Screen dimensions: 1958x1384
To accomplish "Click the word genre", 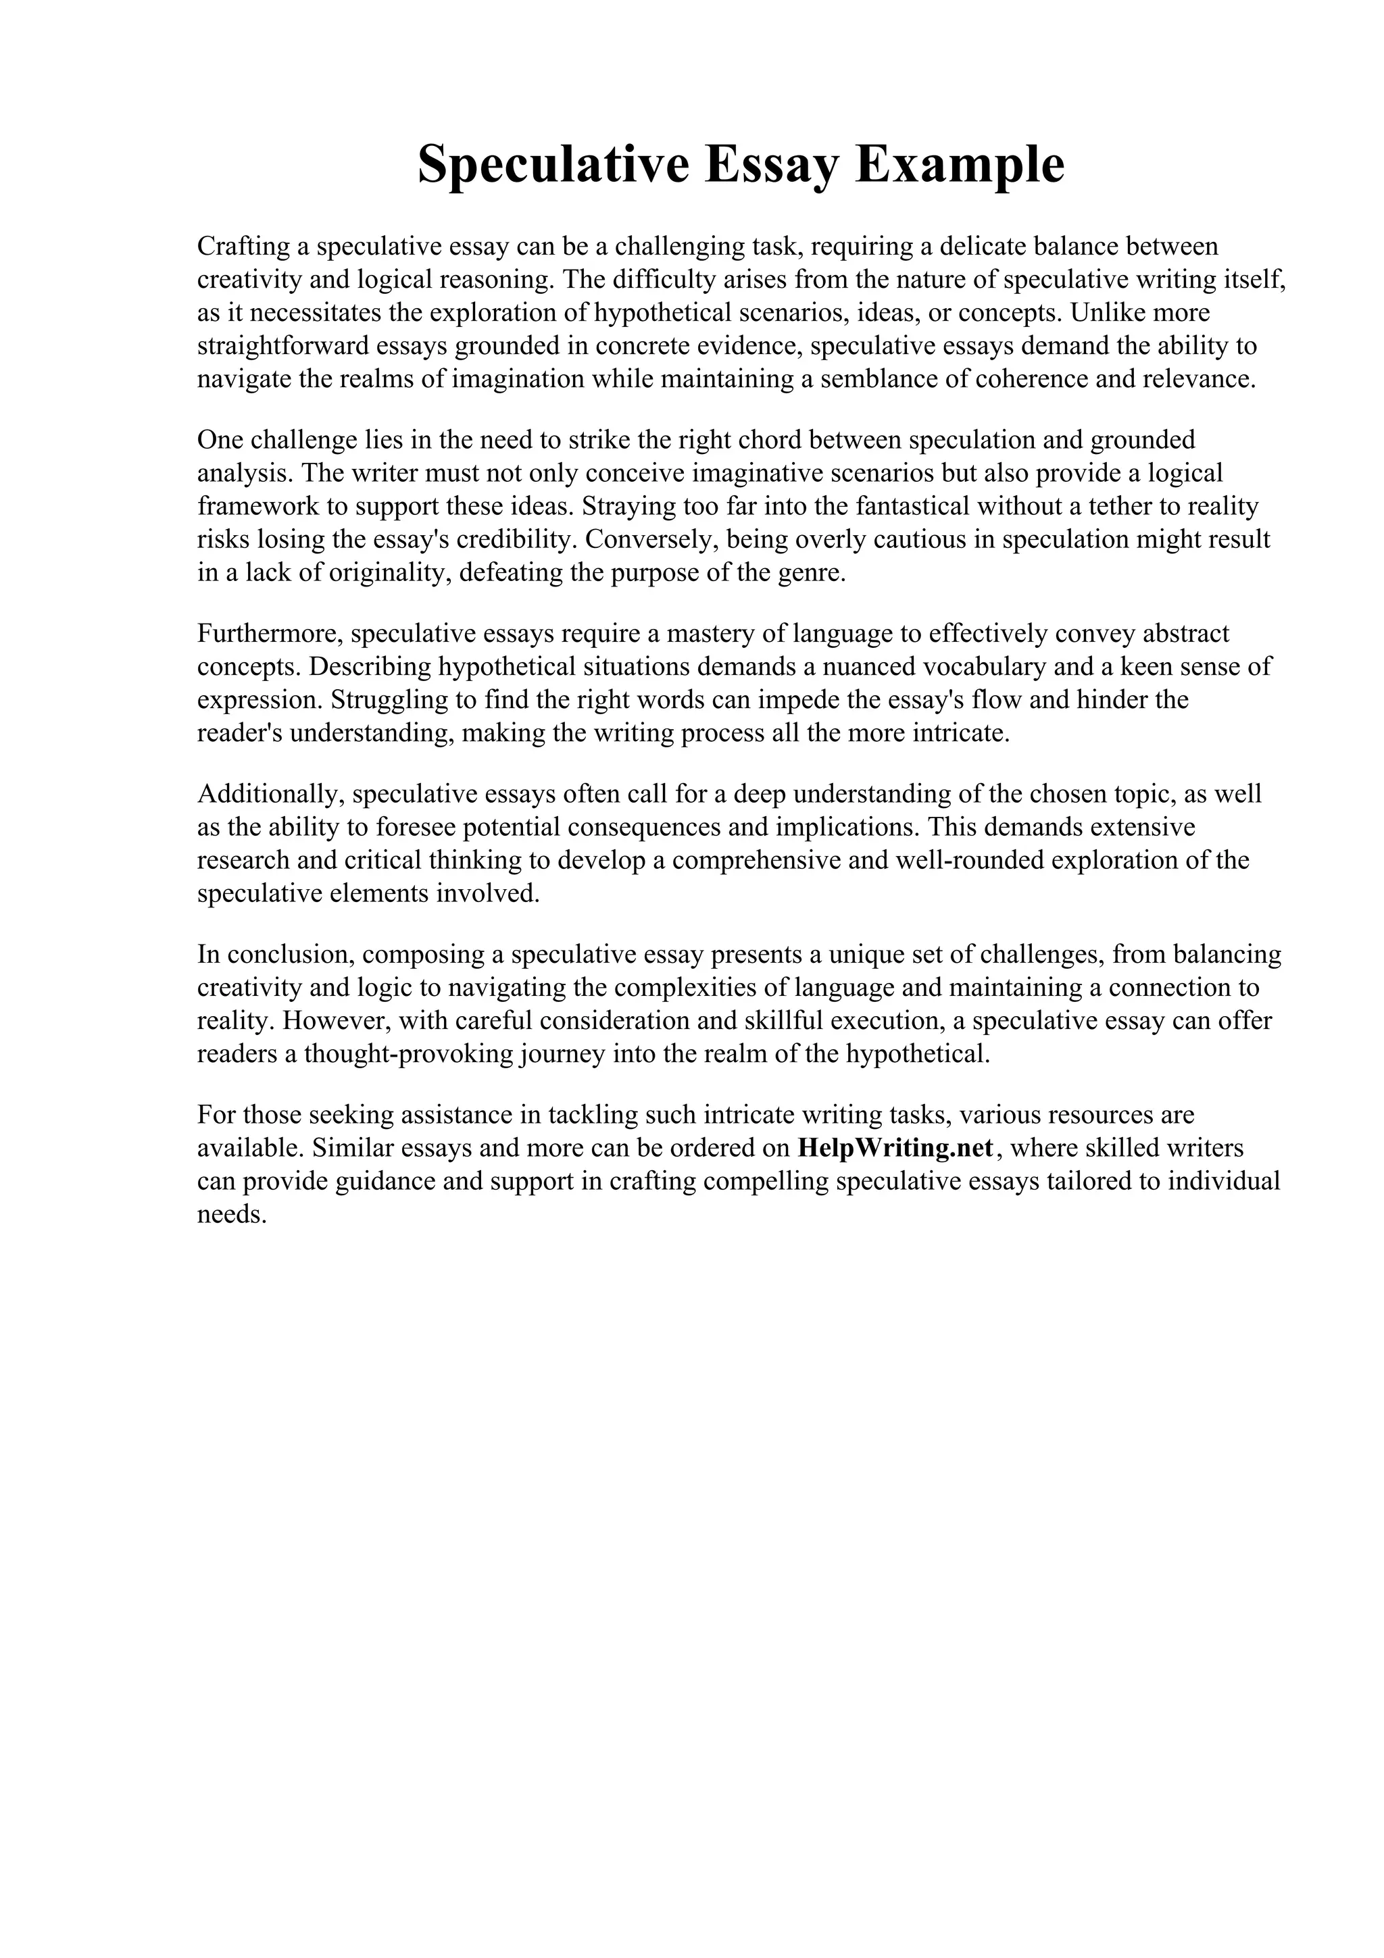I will click(x=810, y=573).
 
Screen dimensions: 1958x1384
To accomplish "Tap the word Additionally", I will click(x=270, y=794).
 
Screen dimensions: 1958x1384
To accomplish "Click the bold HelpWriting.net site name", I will click(x=895, y=1149).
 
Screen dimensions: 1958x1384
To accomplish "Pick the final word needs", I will click(x=232, y=1215).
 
